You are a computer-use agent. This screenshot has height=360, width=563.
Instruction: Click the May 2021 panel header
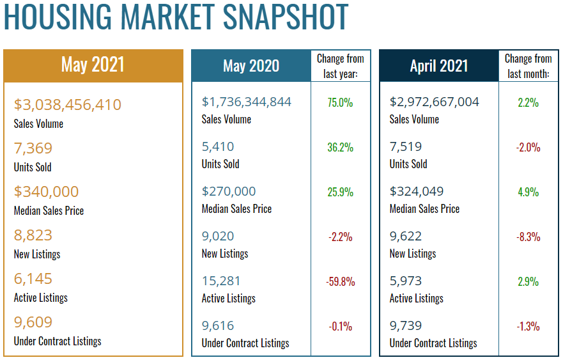[93, 65]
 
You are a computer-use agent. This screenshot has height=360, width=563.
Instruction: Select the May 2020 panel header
[251, 66]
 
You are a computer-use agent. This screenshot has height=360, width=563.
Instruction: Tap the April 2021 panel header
[438, 66]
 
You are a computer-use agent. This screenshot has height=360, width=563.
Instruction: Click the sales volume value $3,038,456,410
[67, 104]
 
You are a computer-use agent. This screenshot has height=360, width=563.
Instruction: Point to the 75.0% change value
[341, 102]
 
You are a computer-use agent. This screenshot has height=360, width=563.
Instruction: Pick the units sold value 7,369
[33, 148]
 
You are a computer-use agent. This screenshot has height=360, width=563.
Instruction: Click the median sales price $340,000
[46, 191]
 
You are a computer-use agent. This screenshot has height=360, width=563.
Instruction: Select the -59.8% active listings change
[341, 281]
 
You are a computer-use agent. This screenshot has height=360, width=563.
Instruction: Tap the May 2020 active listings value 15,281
[222, 281]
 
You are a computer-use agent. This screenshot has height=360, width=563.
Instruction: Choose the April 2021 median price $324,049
[416, 191]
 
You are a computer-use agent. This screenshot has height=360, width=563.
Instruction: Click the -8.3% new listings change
[528, 237]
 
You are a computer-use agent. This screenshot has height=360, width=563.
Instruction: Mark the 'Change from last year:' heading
[341, 66]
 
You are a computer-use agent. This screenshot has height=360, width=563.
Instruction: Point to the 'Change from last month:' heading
[528, 66]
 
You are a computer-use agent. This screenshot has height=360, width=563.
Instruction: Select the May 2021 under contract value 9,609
[33, 322]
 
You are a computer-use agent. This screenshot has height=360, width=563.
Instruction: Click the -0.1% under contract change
[341, 326]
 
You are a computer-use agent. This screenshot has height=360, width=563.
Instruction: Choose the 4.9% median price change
[528, 192]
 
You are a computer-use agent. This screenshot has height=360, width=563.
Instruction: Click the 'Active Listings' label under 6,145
[40, 297]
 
